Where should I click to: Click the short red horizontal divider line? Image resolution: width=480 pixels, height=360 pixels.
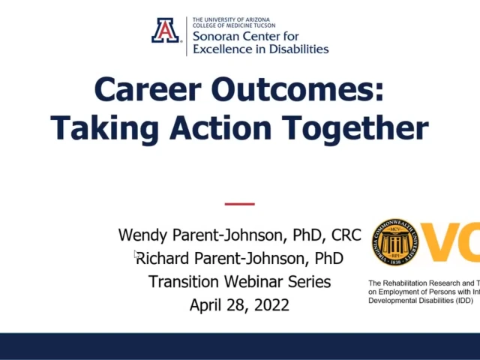(240, 203)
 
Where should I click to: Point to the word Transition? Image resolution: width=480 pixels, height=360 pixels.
(181, 282)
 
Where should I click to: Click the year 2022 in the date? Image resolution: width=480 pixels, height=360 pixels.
(272, 305)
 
